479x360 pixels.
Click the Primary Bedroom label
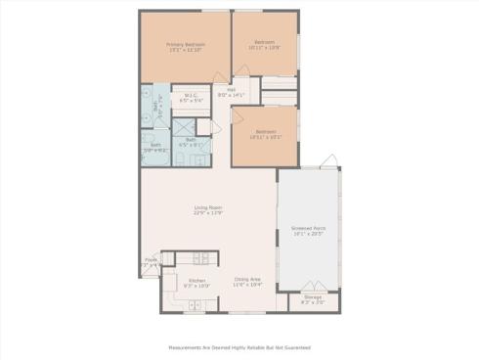184,44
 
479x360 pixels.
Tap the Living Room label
208,207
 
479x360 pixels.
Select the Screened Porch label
308,228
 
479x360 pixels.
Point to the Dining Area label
248,278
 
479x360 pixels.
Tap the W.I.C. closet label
191,96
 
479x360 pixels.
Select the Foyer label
151,260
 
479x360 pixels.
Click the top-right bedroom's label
265,42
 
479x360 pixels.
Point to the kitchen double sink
194,305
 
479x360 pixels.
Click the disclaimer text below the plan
239,346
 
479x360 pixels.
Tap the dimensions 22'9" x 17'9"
208,212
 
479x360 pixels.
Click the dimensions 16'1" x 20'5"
308,234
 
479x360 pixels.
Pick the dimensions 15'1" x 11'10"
184,49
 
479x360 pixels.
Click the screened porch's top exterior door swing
332,161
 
